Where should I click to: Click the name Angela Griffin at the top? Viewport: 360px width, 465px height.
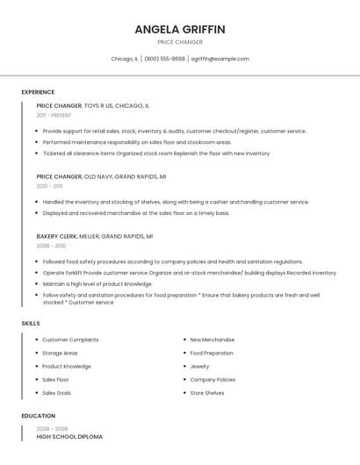click(180, 29)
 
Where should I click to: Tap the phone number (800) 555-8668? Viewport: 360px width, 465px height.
click(164, 59)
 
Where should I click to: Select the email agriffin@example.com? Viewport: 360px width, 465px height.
click(220, 59)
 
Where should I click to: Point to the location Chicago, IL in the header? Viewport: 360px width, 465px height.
click(124, 59)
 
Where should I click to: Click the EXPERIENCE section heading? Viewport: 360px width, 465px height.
click(38, 92)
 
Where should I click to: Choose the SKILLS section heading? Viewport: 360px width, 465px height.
click(31, 324)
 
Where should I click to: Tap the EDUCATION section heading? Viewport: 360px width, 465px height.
click(38, 416)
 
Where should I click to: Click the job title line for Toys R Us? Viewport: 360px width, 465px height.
click(92, 105)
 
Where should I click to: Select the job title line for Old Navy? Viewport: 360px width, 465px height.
click(101, 176)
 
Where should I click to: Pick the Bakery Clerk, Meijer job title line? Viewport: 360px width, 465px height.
click(94, 236)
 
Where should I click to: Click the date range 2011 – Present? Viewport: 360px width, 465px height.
click(54, 115)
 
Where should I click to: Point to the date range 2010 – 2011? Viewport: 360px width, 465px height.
click(49, 186)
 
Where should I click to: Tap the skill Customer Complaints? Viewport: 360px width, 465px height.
click(70, 340)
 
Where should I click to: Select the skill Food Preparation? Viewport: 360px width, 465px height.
click(212, 353)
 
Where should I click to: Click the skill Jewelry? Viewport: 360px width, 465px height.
click(199, 366)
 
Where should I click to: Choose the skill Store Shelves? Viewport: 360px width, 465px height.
click(207, 393)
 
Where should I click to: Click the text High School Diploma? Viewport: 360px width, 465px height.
click(69, 436)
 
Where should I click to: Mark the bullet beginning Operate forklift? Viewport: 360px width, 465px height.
click(189, 273)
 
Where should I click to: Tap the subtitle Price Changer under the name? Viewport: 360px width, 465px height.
click(180, 42)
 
